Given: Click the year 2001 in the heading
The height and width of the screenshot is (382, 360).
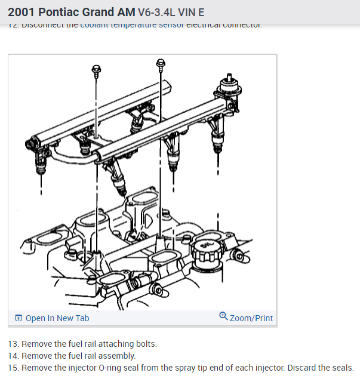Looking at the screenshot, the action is click(x=22, y=12).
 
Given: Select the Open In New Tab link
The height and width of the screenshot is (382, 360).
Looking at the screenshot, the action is click(x=57, y=318).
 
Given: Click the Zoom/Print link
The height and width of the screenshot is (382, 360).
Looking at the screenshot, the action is click(x=251, y=318).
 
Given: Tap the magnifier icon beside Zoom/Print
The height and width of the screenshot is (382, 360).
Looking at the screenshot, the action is click(x=223, y=316).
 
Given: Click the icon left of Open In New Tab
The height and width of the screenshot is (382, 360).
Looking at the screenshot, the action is click(x=18, y=318).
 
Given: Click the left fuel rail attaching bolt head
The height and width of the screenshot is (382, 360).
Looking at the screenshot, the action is click(x=96, y=70).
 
